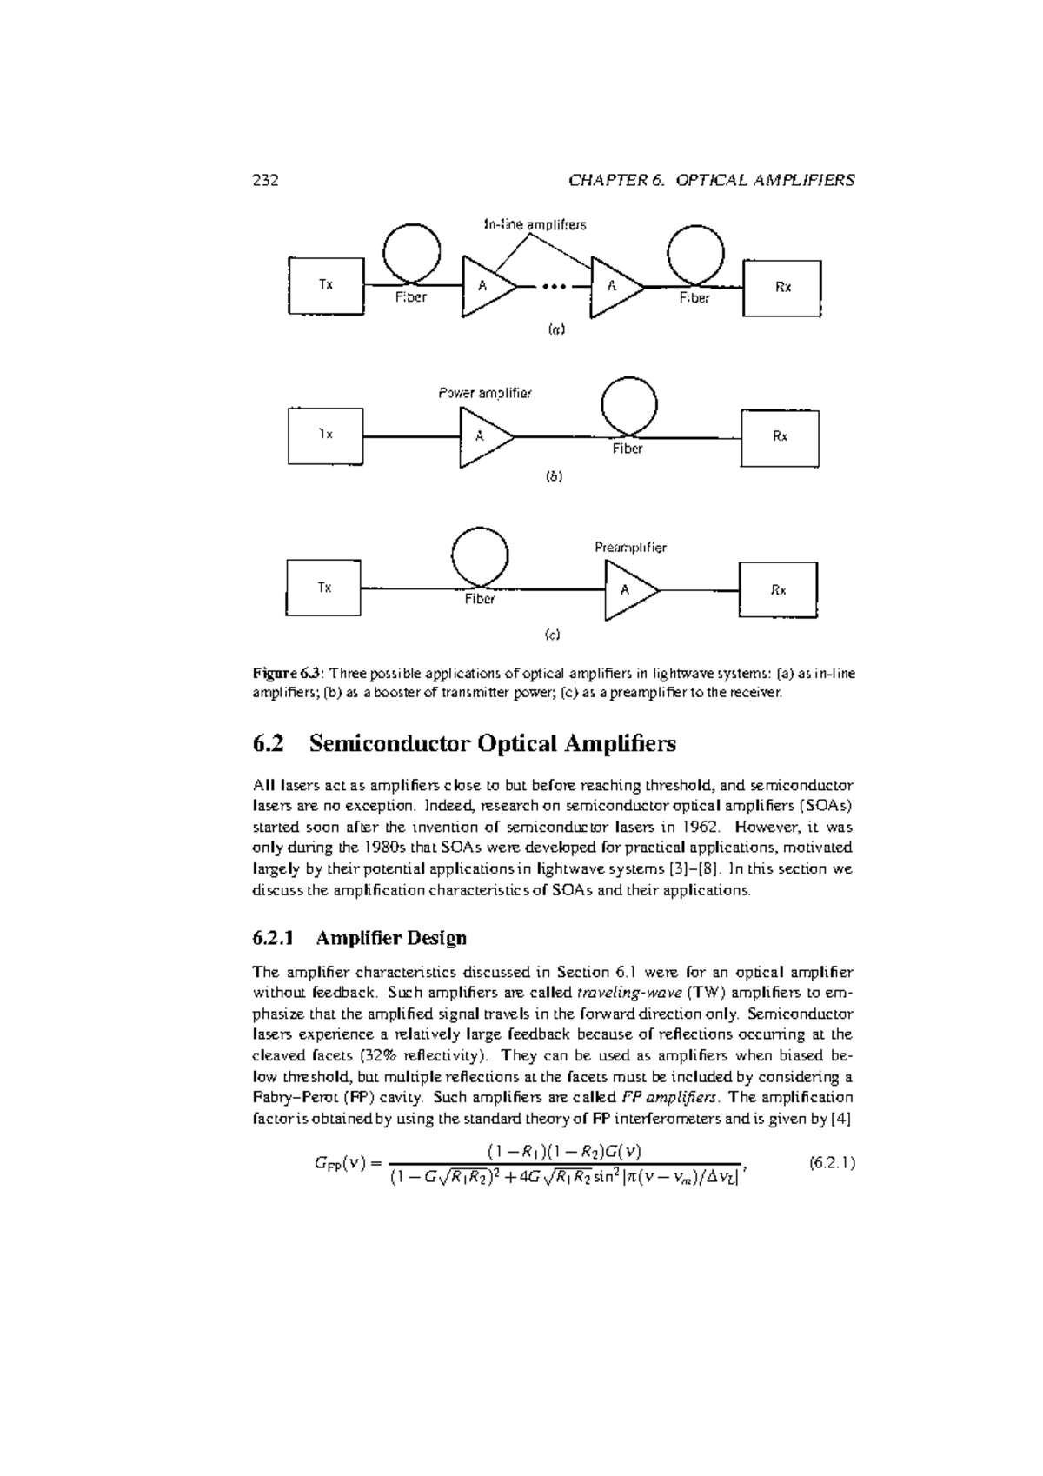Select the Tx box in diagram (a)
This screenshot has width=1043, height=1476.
click(x=326, y=285)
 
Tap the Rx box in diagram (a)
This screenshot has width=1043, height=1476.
click(x=782, y=288)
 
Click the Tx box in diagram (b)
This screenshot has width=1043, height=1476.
click(x=326, y=435)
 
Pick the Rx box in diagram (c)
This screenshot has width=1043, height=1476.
click(x=778, y=590)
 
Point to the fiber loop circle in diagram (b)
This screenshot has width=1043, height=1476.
click(x=629, y=406)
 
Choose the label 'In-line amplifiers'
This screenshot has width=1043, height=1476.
click(x=535, y=225)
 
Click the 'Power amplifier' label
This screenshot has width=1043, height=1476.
click(x=484, y=393)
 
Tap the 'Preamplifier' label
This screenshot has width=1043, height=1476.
click(x=630, y=548)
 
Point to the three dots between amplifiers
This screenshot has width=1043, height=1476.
click(x=554, y=285)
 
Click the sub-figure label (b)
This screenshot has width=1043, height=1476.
click(x=554, y=477)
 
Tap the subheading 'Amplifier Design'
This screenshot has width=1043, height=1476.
click(x=391, y=938)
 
